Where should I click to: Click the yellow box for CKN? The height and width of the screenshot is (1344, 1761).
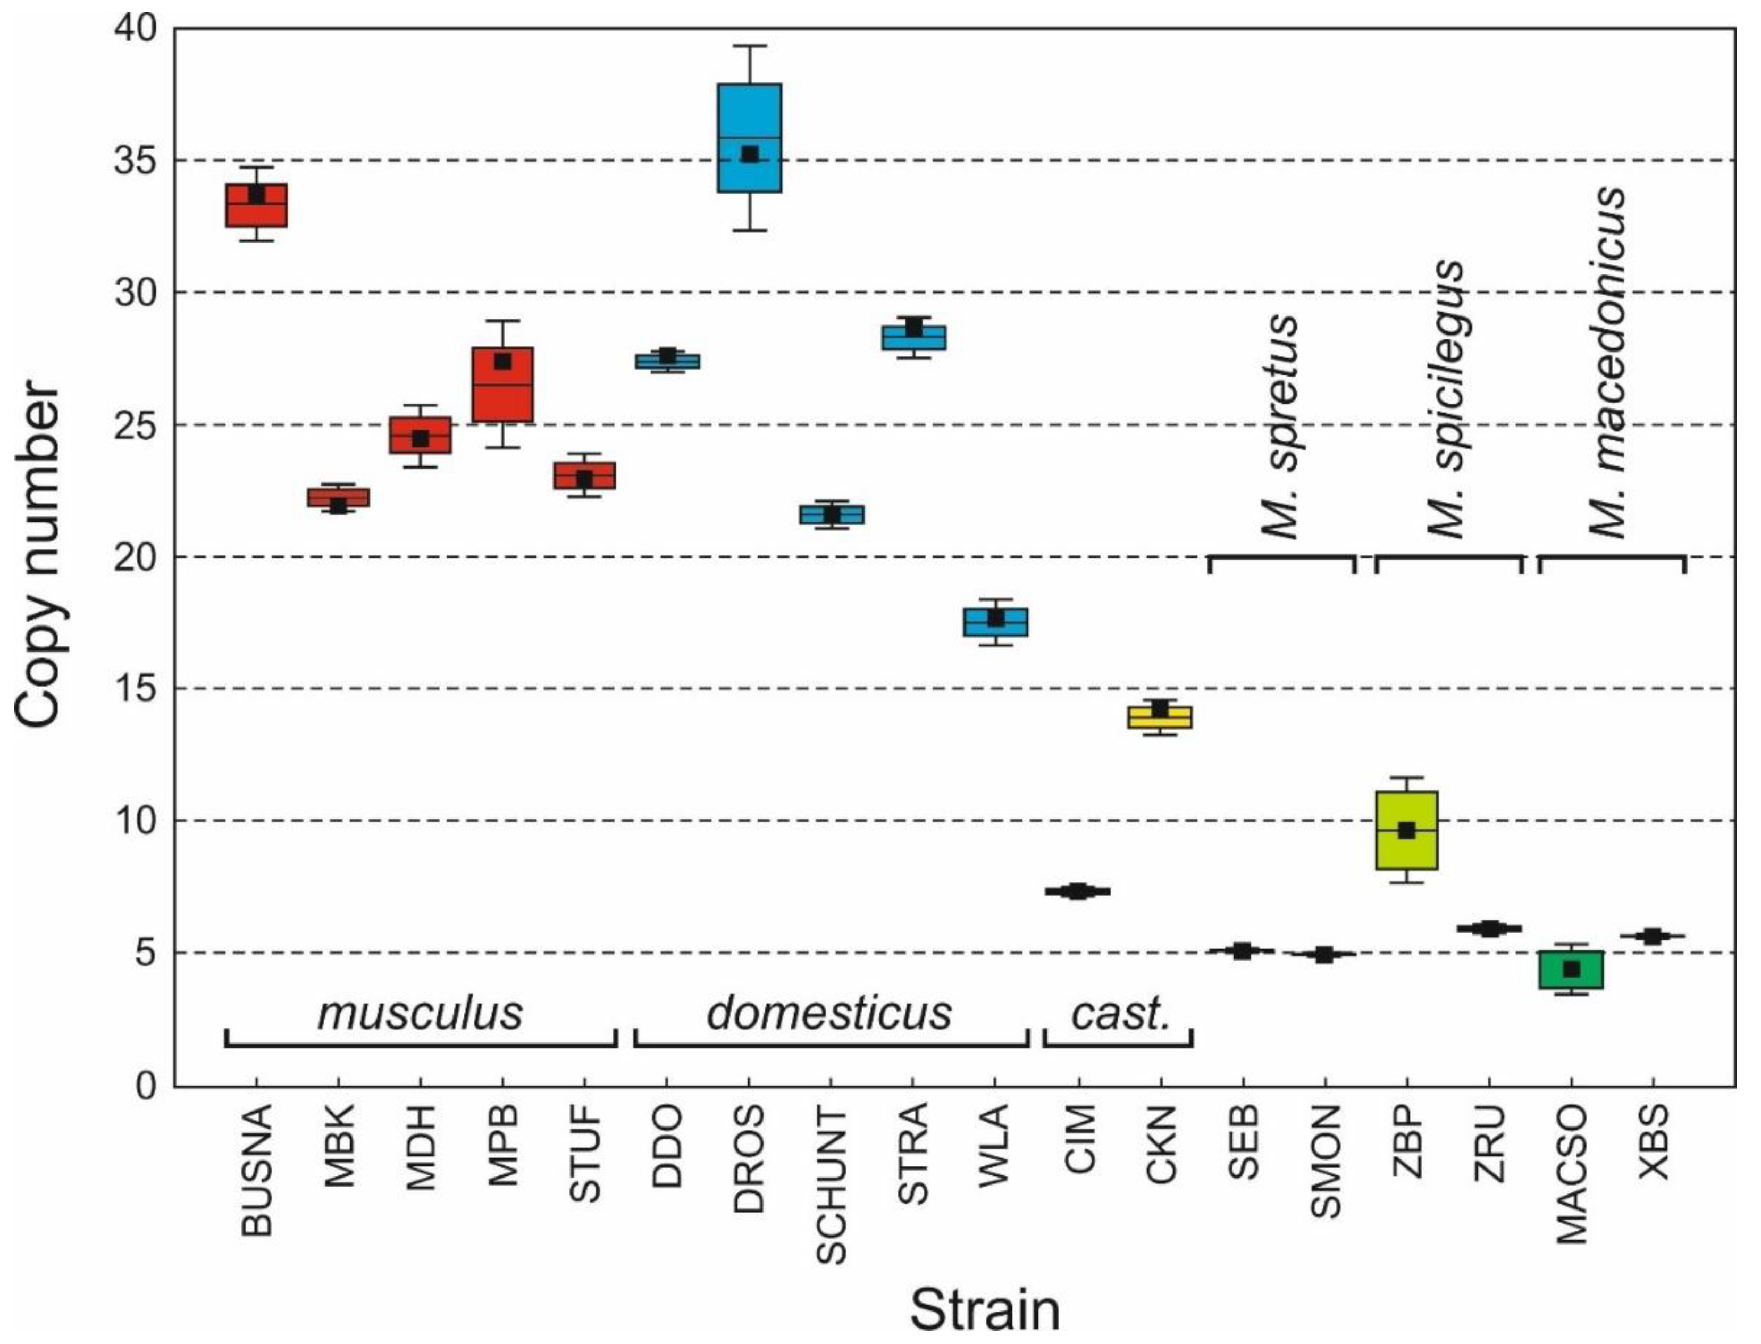(x=1160, y=717)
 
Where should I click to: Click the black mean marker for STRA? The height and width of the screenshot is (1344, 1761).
(x=913, y=329)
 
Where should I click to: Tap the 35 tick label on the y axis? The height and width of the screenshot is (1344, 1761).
(x=135, y=161)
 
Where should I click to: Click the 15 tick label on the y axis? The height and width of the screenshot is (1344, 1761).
(x=135, y=689)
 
